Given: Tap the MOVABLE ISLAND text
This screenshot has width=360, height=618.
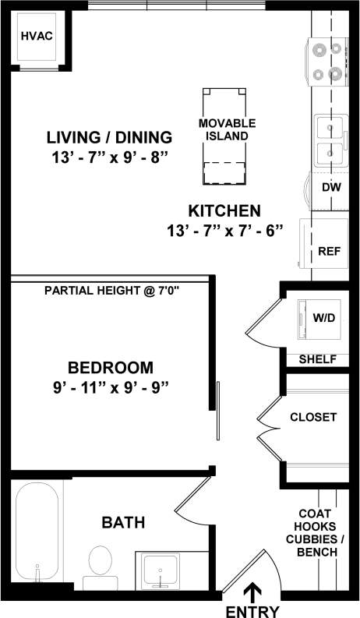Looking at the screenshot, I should pos(227,129).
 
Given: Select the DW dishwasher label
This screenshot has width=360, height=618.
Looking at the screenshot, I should pos(330,187).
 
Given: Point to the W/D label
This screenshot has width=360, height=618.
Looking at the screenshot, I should pos(323,318).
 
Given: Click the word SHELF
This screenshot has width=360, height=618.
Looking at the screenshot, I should pos(318,359).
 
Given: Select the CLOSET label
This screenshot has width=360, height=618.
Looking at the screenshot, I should pos(313,417).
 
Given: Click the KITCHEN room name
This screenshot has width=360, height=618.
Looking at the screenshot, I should pos(224,210).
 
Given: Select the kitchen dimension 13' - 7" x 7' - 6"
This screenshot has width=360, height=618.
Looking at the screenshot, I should pos(224,230).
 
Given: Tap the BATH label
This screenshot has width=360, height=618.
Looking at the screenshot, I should pos(123,522).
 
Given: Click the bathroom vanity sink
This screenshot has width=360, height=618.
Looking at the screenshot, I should pos(161,568).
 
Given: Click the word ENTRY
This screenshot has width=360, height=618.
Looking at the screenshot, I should pos(251,610).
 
